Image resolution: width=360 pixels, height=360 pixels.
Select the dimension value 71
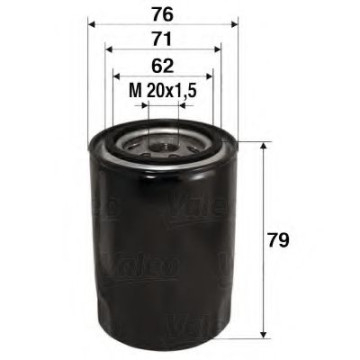click(162, 42)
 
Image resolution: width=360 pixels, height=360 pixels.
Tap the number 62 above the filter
click(162, 66)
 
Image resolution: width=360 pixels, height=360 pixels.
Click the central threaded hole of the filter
click(163, 146)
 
